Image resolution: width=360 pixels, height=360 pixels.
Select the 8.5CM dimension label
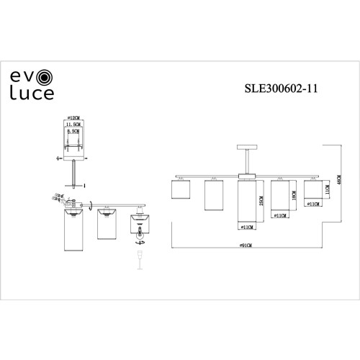pyautogui.click(x=72, y=132)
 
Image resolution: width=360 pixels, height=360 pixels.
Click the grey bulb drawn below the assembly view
pyautogui.click(x=139, y=258)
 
